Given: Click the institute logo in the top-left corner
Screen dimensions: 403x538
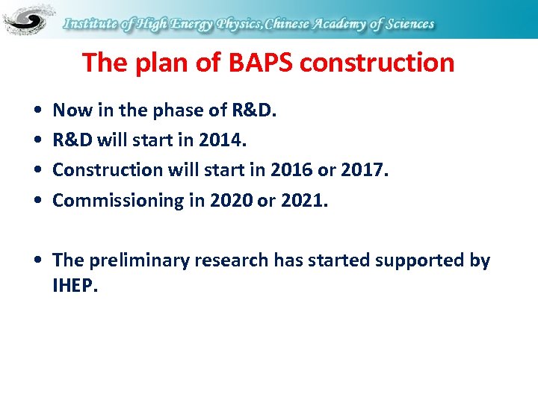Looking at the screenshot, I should point(28,19).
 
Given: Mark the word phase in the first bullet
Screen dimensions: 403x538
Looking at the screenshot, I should point(176,110).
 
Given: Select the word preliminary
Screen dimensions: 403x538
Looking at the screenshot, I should point(140,260).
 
